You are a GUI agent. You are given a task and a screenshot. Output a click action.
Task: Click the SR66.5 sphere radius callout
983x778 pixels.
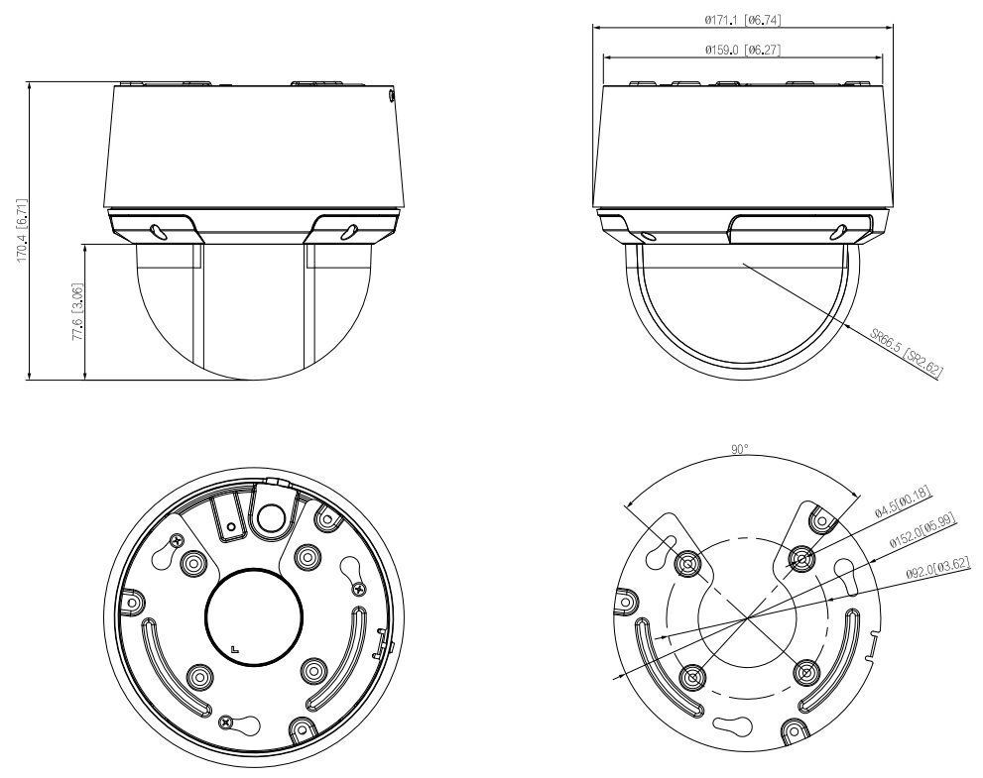point(906,354)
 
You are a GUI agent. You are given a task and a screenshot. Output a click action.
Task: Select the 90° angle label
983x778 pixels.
point(740,449)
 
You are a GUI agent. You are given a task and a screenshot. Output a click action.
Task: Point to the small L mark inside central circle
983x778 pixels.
point(233,648)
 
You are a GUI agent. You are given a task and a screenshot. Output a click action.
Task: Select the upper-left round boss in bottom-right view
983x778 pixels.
point(686,563)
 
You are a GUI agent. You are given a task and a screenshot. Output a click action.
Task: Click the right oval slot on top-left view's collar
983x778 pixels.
point(348,230)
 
